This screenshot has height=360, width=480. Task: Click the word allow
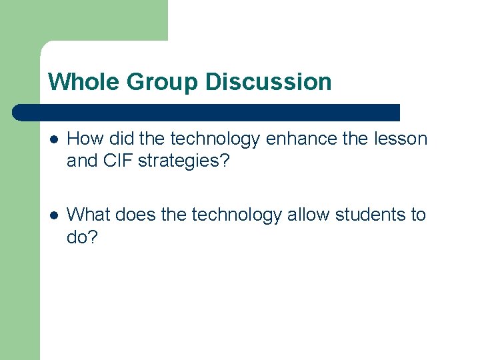pyautogui.click(x=309, y=215)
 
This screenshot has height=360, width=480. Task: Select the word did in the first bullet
pyautogui.click(x=121, y=139)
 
